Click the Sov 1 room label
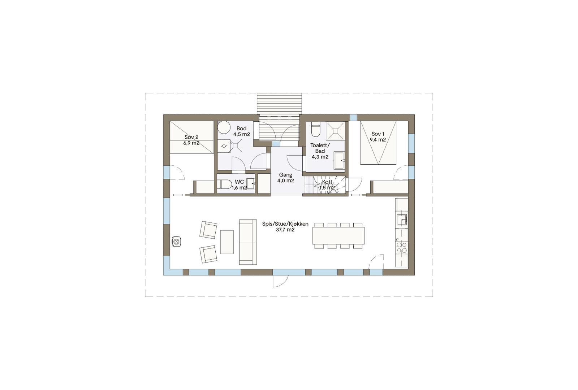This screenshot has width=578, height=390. [x=378, y=134]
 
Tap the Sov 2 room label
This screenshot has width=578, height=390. [x=191, y=137]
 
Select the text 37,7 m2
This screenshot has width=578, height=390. [x=285, y=230]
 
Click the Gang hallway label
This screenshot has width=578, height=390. [x=285, y=175]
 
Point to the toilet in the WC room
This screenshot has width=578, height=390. [x=225, y=184]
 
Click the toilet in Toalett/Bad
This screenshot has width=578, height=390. [x=315, y=130]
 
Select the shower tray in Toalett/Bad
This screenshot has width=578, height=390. [x=335, y=131]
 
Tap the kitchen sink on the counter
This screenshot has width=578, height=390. [x=401, y=219]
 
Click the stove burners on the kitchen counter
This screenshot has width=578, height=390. [x=402, y=247]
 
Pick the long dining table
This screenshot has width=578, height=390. [x=338, y=235]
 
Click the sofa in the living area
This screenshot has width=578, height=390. [x=248, y=242]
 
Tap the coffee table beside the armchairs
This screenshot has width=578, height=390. [x=227, y=242]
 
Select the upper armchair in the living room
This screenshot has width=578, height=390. [x=208, y=229]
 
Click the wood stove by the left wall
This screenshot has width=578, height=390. [x=176, y=241]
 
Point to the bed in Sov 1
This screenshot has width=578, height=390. [x=378, y=143]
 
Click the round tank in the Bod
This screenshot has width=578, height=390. [x=224, y=128]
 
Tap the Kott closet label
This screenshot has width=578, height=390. [x=327, y=182]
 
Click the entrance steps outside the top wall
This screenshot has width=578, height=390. [x=279, y=104]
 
